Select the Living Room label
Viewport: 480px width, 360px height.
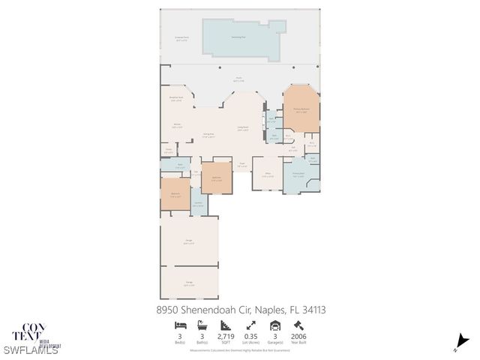coord(243,128)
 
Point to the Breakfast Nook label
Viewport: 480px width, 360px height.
coord(177,99)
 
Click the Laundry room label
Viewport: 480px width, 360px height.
coord(198,204)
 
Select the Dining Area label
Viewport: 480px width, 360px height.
coord(208,136)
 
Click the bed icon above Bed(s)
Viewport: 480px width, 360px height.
coord(181,325)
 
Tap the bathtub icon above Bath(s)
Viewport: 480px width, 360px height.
coord(203,325)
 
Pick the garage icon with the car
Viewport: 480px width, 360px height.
coord(275,325)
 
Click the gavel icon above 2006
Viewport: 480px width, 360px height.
coord(298,325)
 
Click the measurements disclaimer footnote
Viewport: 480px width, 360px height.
coord(239,350)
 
